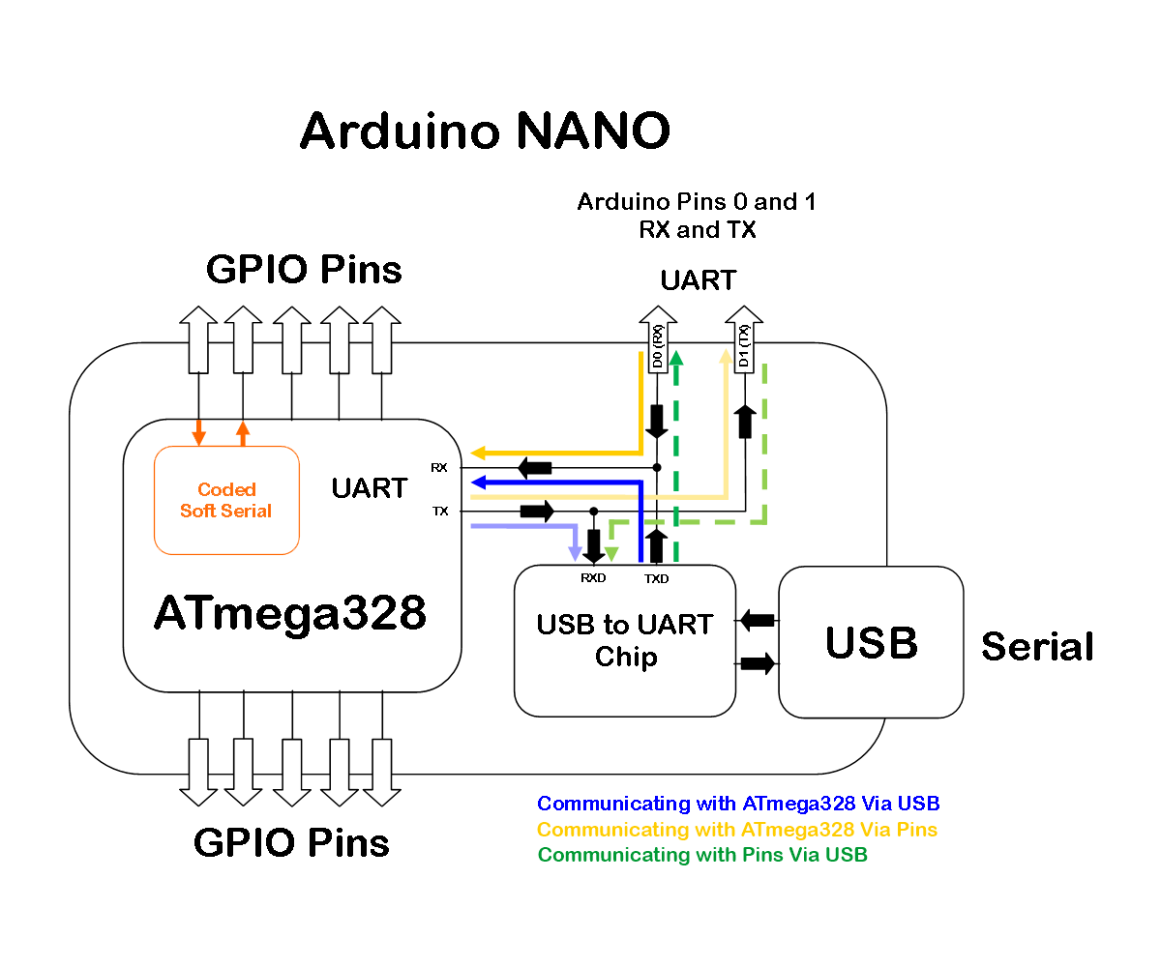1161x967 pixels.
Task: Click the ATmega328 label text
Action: pos(290,613)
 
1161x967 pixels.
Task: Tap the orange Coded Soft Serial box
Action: pos(226,500)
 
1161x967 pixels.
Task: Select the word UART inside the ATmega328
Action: pos(369,488)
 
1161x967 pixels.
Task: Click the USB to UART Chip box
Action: pos(625,640)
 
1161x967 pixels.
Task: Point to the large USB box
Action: pos(871,642)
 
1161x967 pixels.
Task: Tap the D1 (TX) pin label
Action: pos(744,347)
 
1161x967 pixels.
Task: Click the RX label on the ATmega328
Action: pos(439,468)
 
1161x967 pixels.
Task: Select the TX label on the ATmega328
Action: pos(440,511)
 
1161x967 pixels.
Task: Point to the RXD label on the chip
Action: pos(593,578)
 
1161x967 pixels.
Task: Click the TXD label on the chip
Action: pos(657,578)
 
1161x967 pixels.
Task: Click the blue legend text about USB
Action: pos(738,804)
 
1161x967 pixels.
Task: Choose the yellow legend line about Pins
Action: pos(736,830)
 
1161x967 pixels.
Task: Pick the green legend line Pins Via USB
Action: pos(701,855)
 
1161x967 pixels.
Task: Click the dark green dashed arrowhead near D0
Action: pos(676,359)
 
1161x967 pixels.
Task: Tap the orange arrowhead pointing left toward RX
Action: pos(477,453)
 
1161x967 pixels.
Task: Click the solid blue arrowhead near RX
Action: pos(477,483)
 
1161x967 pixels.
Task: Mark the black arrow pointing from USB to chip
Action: pos(757,620)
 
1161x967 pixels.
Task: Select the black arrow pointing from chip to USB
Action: pos(759,663)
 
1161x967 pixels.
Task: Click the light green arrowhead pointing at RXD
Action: pos(610,555)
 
